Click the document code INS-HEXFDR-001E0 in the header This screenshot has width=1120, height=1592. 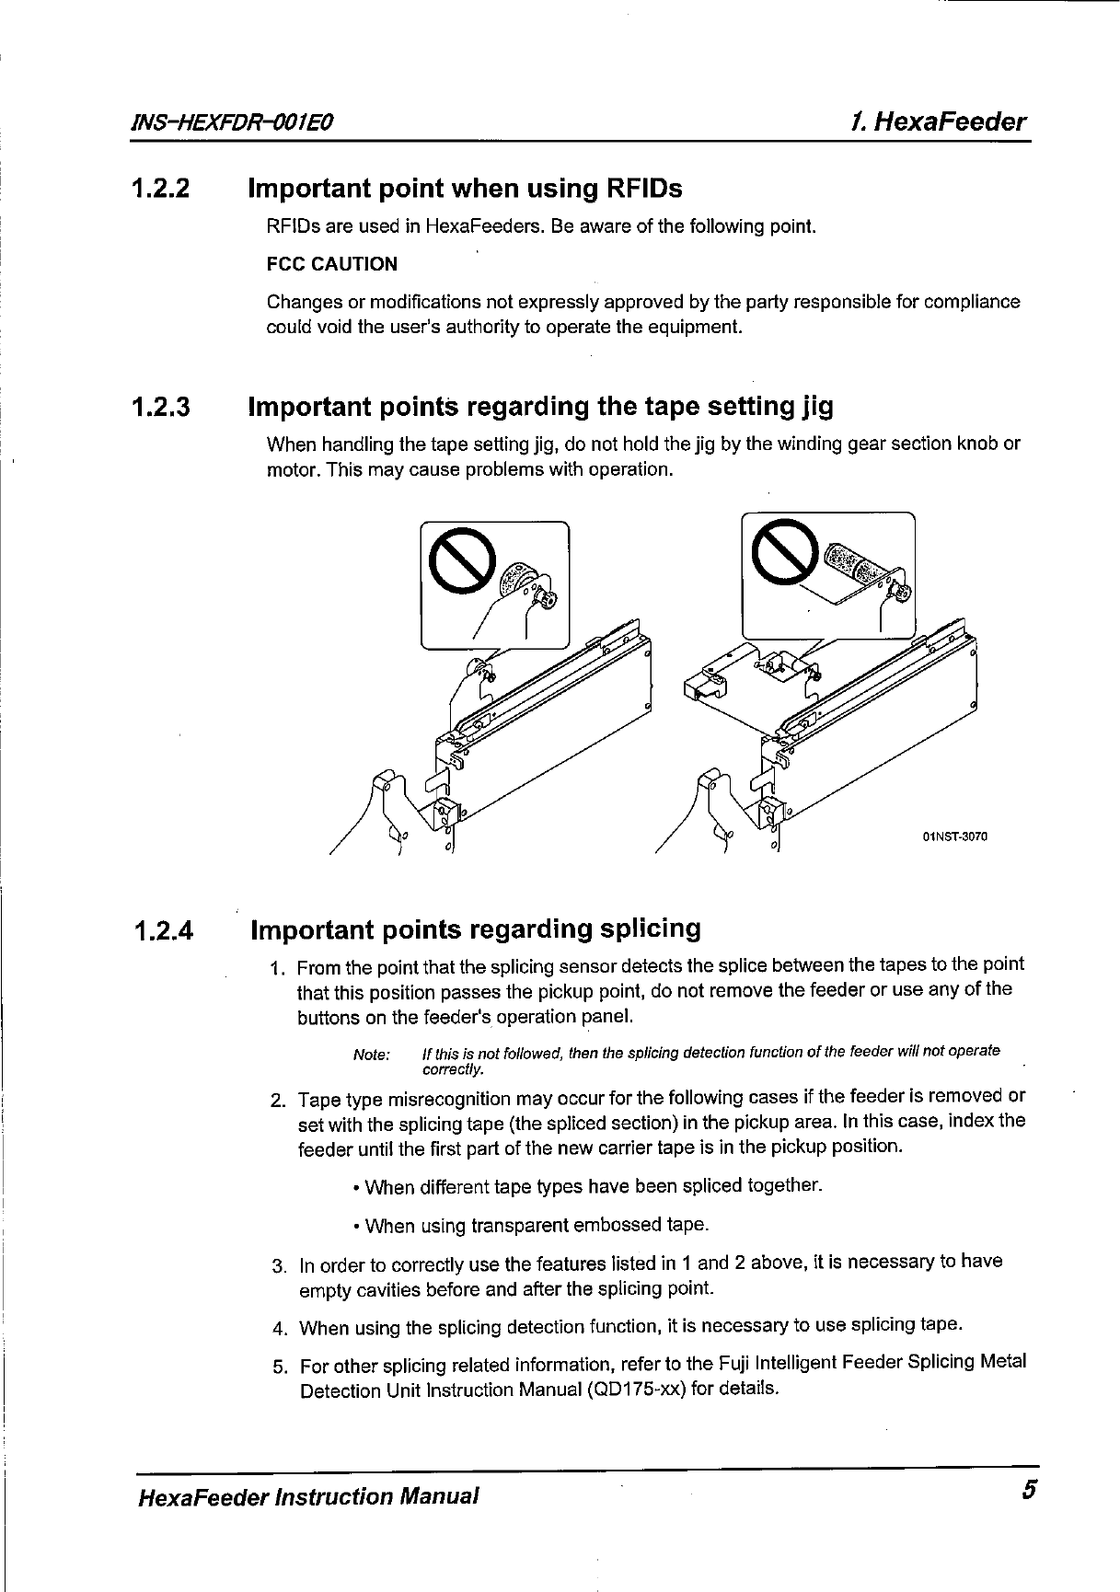click(x=234, y=122)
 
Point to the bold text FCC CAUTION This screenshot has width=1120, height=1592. click(x=332, y=264)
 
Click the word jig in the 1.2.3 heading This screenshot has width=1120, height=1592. click(x=815, y=407)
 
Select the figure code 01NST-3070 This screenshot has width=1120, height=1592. click(x=953, y=837)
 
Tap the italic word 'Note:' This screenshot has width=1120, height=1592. click(x=372, y=1055)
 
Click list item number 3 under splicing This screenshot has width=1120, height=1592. click(x=280, y=1265)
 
